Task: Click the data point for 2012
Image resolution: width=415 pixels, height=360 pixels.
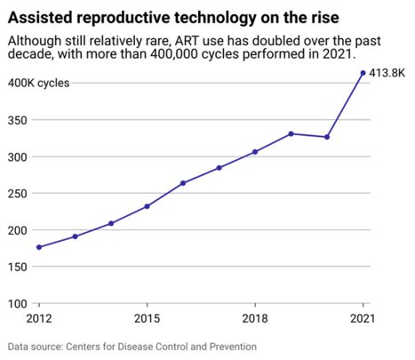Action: [x=39, y=247]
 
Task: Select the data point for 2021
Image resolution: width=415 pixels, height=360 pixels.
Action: [x=363, y=73]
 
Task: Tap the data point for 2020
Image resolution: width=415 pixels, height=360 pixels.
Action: [x=327, y=137]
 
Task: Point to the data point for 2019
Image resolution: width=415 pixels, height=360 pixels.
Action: [x=291, y=133]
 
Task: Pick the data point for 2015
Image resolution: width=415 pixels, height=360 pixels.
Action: [x=147, y=206]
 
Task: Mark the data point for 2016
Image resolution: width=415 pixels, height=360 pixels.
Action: [x=183, y=183]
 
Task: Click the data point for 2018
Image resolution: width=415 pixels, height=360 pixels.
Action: [x=255, y=152]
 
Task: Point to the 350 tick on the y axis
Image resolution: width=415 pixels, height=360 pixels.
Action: [x=19, y=120]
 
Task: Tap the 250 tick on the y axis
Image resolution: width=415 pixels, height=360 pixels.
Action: [x=19, y=193]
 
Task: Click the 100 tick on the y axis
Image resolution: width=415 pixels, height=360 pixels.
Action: [x=19, y=303]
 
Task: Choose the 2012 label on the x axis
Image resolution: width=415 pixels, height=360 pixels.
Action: [x=39, y=317]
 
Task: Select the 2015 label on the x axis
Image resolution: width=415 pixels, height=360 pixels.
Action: [x=147, y=317]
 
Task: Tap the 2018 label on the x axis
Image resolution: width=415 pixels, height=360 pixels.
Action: [x=255, y=317]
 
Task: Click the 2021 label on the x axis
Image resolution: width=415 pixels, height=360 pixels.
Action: [x=363, y=317]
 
